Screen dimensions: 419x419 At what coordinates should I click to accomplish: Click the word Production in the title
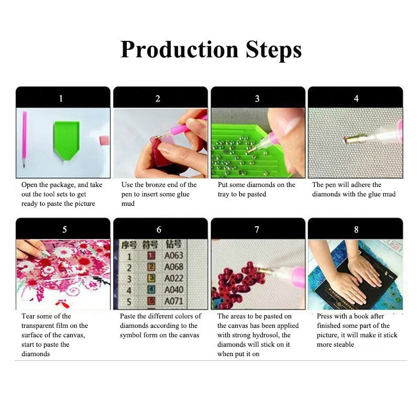pos(180,49)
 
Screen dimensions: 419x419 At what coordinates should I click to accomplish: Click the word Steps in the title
pos(271,49)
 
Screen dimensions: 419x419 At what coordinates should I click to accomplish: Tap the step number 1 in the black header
pos(61,98)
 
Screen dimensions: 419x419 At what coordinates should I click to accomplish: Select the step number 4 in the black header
pos(356,98)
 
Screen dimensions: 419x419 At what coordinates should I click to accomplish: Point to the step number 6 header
pos(159,229)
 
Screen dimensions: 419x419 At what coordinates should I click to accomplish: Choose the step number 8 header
pos(356,229)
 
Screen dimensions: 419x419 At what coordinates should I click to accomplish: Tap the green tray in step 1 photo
pos(67,137)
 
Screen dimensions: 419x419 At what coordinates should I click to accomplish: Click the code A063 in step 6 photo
pos(174,256)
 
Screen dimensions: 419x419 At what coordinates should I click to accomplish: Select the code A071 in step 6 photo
pos(174,301)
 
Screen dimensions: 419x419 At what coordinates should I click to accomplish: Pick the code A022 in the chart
pos(174,279)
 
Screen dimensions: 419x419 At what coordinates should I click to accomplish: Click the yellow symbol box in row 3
pos(150,279)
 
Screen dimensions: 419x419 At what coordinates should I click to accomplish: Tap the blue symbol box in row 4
pos(150,290)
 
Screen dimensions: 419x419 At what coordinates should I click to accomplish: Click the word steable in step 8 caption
pos(343,345)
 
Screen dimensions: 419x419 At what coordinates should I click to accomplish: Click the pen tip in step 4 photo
pos(347,139)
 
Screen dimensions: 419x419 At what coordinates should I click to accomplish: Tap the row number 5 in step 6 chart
pos(128,301)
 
